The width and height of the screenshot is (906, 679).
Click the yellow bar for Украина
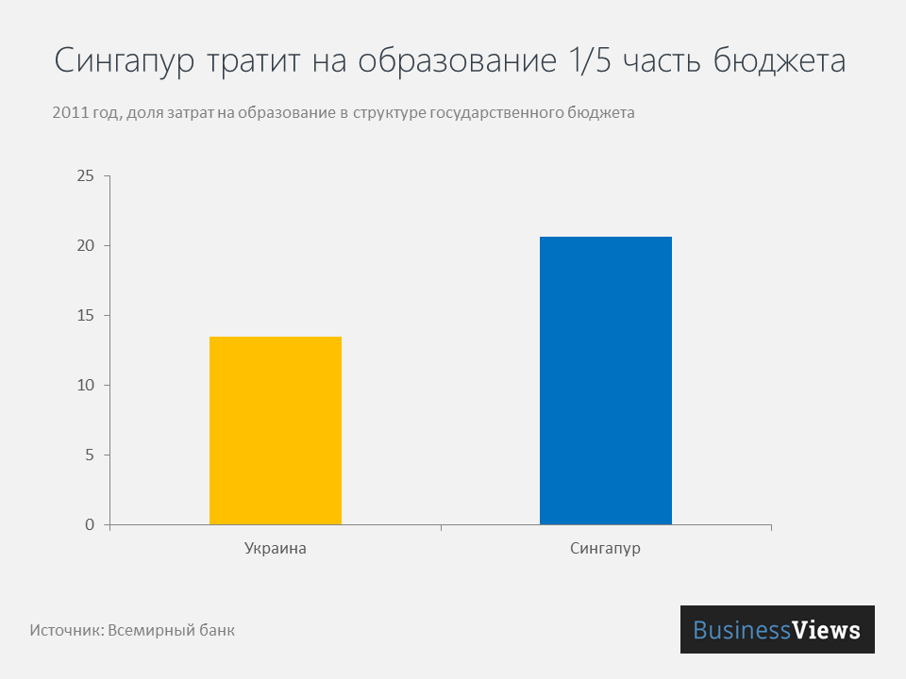(276, 430)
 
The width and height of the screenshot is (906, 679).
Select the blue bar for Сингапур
(606, 380)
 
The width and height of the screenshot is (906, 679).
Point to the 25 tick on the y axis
(86, 176)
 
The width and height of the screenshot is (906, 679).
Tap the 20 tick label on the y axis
(86, 246)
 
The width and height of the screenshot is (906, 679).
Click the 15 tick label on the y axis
(86, 316)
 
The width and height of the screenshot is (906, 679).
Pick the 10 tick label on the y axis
(86, 386)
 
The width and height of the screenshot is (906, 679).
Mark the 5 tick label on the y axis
(90, 455)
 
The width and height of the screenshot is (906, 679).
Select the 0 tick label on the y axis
(90, 525)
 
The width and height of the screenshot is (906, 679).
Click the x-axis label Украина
(276, 549)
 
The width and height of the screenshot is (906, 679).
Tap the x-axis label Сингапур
(606, 549)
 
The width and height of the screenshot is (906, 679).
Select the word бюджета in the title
(779, 61)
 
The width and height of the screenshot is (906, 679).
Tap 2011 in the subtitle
(71, 113)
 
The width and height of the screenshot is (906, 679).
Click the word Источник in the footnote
(65, 630)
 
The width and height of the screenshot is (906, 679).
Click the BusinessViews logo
(777, 630)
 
